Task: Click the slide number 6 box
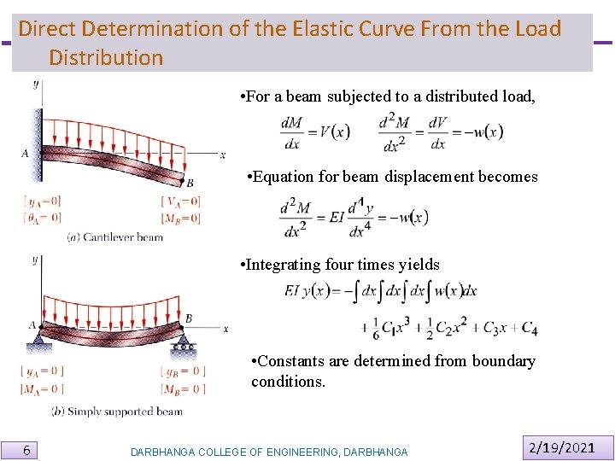[27, 450]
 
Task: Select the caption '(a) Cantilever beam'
[114, 236]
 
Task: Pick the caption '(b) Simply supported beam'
[117, 411]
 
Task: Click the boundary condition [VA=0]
[180, 201]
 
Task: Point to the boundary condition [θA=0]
[42, 218]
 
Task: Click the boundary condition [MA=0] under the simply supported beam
[42, 389]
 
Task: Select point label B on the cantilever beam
[190, 183]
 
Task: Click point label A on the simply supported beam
[32, 325]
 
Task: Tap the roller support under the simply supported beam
[183, 347]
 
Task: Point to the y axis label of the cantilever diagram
[35, 84]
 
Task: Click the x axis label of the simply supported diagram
[225, 328]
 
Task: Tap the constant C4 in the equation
[529, 329]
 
